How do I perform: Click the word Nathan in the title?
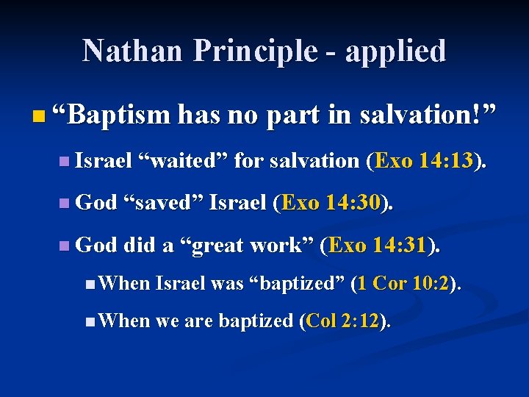point(126,51)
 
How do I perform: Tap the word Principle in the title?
point(248,51)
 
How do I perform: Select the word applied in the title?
point(396,51)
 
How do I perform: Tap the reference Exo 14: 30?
point(332,203)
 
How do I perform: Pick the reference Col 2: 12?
point(345,321)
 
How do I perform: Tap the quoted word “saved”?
point(162,203)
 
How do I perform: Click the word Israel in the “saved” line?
point(238,203)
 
